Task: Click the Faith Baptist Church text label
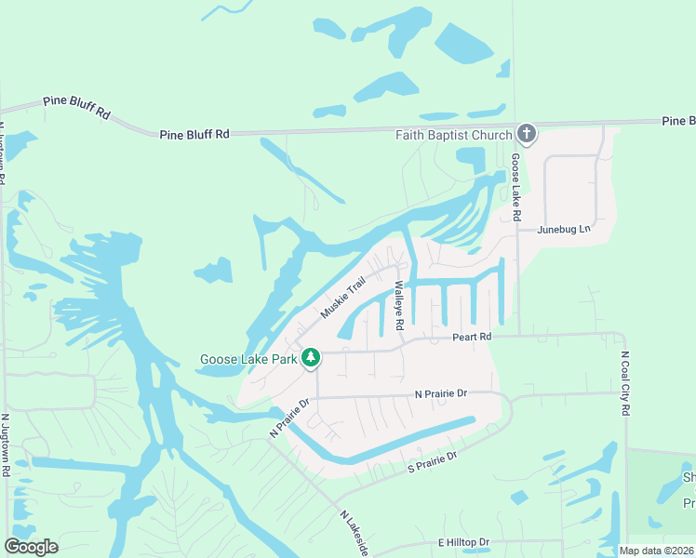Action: tap(453, 135)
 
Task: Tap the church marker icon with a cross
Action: tap(527, 135)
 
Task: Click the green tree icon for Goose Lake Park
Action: tap(311, 358)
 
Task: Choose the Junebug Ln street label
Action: tap(564, 229)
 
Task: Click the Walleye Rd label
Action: tap(398, 306)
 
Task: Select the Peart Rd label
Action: tap(472, 338)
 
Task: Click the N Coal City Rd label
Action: tap(625, 383)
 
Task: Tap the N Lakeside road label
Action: tap(355, 533)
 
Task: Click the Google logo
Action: tap(31, 547)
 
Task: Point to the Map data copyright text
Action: tap(657, 551)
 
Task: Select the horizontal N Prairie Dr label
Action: tap(441, 394)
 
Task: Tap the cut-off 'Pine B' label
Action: tap(678, 121)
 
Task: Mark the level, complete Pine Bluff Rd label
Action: tap(194, 134)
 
